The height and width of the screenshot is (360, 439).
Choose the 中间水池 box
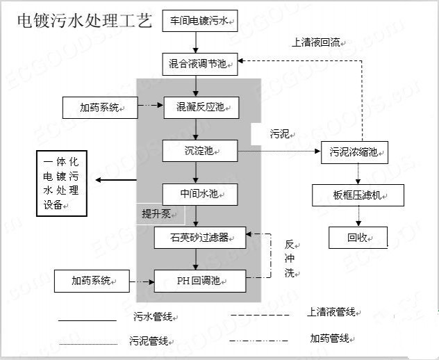[x=200, y=193]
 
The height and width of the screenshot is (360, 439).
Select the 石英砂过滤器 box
[x=200, y=238]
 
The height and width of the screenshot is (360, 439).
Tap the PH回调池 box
[x=200, y=281]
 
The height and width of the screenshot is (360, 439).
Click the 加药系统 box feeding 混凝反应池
[x=99, y=108]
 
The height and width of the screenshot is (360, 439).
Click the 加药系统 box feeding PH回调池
[x=91, y=281]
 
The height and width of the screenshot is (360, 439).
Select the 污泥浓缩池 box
[x=354, y=152]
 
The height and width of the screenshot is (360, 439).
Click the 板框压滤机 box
[x=358, y=195]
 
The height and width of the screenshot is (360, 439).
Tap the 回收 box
[x=358, y=238]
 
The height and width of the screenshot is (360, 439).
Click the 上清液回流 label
[x=316, y=42]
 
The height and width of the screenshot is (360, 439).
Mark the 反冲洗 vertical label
[x=290, y=259]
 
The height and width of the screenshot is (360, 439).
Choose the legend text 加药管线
[x=330, y=338]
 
